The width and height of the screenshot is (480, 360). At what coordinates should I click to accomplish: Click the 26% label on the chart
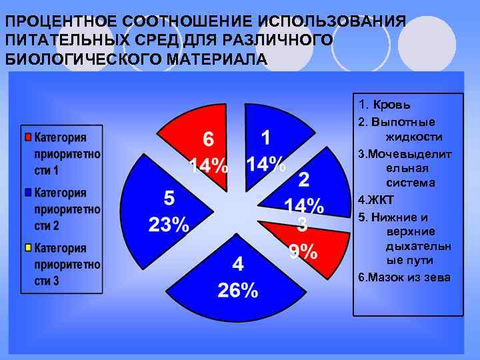(237, 291)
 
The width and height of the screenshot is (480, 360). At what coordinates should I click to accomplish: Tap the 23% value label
(169, 225)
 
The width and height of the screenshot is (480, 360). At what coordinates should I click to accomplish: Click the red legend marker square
(27, 138)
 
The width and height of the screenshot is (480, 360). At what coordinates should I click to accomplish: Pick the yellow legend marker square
(27, 248)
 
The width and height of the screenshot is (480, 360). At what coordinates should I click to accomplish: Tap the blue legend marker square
(27, 193)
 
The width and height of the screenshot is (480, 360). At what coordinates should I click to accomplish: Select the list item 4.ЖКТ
(376, 199)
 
